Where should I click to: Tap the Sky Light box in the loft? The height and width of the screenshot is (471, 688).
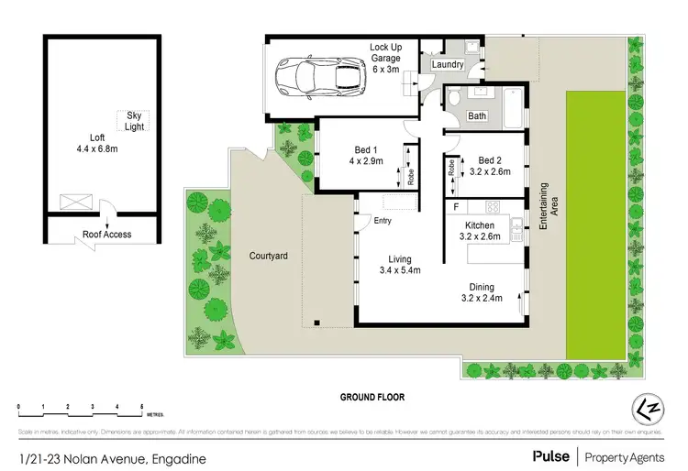click(x=134, y=120)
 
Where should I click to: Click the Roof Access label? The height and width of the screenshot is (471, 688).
click(x=106, y=235)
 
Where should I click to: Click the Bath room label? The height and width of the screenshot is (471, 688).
click(x=477, y=116)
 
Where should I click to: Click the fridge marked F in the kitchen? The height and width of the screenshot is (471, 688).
click(x=456, y=207)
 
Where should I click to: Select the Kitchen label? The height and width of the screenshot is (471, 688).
click(x=480, y=225)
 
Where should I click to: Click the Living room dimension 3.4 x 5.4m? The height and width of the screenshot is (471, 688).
click(x=399, y=270)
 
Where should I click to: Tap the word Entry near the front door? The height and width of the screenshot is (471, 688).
click(x=383, y=219)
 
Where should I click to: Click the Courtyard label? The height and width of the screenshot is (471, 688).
click(x=269, y=257)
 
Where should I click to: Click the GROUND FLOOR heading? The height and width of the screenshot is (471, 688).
click(x=372, y=397)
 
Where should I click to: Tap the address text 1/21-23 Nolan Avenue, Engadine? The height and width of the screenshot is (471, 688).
click(x=110, y=457)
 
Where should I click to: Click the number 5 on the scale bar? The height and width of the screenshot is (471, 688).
click(x=141, y=405)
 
